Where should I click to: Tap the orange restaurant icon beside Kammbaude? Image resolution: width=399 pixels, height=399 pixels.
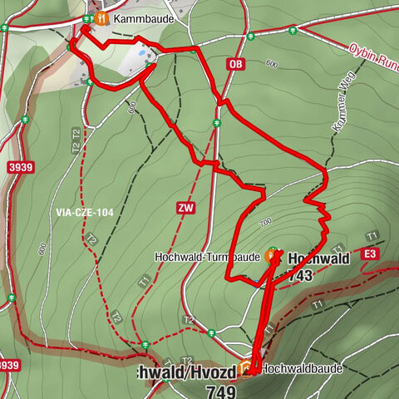coord(101,17)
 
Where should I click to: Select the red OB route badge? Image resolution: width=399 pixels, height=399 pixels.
coord(236,64)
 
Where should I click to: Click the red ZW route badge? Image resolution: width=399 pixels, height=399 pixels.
coord(185,209)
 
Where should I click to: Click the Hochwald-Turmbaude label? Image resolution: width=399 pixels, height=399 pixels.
coord(208,257)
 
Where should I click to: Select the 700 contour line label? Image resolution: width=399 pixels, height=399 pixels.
coord(265,223)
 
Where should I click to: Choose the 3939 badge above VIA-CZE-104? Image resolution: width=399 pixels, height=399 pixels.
coord(21,167)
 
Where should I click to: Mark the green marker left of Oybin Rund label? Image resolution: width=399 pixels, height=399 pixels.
coord(293,31)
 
